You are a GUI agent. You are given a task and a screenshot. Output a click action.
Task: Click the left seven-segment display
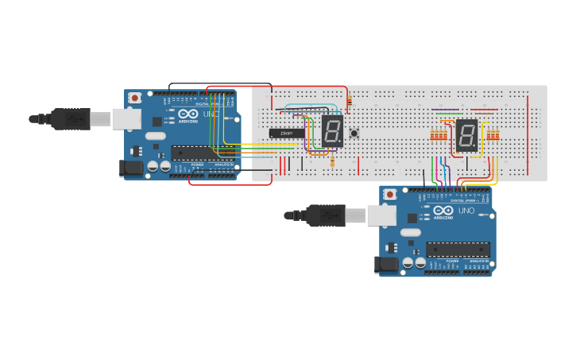332,130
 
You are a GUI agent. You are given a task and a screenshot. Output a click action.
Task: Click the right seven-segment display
466,136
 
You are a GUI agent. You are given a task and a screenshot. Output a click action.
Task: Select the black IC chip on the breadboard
286,133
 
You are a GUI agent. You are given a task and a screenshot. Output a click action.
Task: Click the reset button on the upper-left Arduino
135,98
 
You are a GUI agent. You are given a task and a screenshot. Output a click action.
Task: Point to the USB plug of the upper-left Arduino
75,118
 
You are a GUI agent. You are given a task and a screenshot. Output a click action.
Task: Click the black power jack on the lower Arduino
387,265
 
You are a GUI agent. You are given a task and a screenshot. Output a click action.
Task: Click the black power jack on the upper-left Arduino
130,168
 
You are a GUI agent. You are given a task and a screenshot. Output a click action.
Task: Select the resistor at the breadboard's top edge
350,100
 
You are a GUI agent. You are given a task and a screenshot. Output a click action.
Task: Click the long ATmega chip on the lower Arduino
458,249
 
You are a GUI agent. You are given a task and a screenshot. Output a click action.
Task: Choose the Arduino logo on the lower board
443,211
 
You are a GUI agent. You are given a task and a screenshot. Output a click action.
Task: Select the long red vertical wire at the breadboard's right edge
528,135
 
